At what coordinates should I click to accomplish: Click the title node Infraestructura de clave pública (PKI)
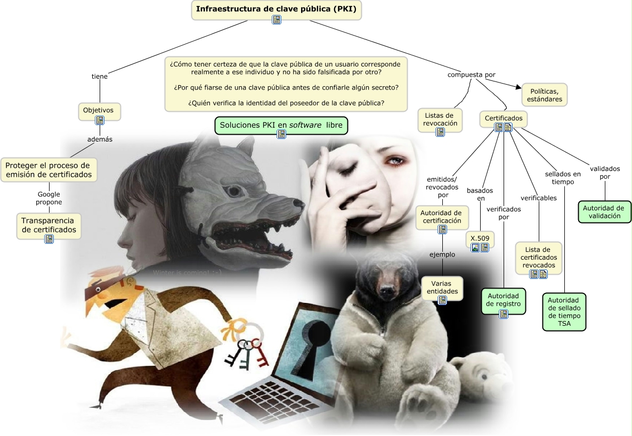coord(276,9)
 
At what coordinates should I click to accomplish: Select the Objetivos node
coord(99,110)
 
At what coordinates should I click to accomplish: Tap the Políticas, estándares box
coord(544,95)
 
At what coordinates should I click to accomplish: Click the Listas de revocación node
coord(440,119)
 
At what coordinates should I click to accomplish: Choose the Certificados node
coord(503,118)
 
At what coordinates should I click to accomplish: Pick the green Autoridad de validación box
coord(604,212)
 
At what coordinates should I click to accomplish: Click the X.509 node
coord(480,238)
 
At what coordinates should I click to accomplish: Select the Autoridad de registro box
coord(504,300)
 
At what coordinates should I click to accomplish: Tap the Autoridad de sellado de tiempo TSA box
coord(564,312)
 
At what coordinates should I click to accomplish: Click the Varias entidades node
coord(442,287)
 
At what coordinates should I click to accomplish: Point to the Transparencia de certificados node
coord(48,225)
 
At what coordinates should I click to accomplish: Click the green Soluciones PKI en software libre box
coord(281,125)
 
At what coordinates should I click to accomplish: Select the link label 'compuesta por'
coord(471,75)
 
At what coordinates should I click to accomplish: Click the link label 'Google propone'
coord(49,198)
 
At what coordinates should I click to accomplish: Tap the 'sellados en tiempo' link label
coord(563,178)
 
